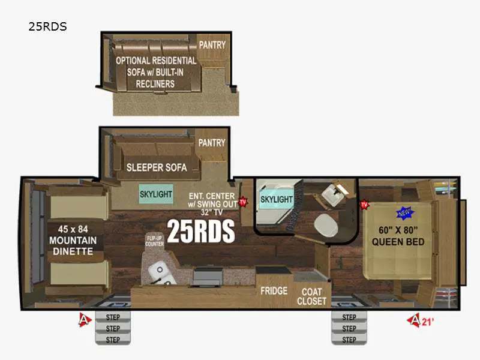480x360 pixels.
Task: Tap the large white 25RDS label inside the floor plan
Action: click(200, 232)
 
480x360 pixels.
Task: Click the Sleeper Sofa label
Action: click(156, 167)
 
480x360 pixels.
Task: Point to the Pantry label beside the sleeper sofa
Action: click(212, 143)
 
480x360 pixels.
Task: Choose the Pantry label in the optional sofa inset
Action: click(212, 44)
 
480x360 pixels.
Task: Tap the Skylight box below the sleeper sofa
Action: click(156, 195)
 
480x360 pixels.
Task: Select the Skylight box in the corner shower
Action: click(276, 199)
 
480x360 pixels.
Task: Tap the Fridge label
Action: click(273, 291)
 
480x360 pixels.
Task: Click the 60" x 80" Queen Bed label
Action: click(398, 236)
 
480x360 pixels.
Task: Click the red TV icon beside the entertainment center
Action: click(243, 202)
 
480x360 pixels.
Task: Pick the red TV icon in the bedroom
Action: click(364, 205)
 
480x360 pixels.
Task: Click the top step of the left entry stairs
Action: click(113, 317)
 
